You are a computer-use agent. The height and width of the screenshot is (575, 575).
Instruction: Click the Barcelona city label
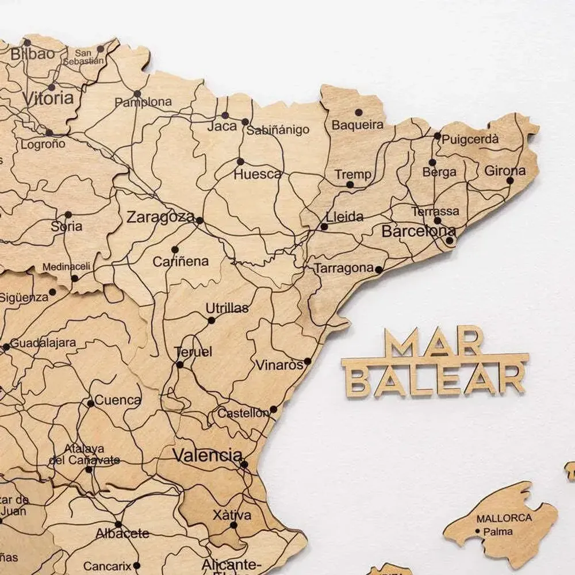click(418, 232)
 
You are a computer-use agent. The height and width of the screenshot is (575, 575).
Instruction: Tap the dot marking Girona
click(510, 181)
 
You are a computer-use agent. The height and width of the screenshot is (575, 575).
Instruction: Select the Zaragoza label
click(160, 217)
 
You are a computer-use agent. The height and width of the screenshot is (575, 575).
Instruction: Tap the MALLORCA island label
click(504, 518)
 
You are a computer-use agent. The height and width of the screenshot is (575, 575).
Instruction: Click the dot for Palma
click(478, 531)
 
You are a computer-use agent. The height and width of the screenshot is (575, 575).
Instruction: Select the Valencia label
click(208, 456)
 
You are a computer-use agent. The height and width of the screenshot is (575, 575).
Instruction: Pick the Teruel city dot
click(179, 365)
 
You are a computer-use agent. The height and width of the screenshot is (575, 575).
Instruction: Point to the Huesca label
click(257, 174)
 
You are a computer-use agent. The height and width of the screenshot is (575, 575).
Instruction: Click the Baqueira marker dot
click(359, 112)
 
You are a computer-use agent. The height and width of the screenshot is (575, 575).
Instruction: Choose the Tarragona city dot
click(378, 269)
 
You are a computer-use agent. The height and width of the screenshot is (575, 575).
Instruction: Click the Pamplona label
click(143, 102)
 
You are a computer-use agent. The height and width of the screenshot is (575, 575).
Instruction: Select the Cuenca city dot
click(90, 404)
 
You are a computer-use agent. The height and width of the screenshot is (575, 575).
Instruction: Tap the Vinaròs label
click(279, 365)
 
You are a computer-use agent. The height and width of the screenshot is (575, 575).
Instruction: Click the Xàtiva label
click(232, 515)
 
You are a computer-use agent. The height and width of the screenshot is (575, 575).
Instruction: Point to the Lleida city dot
click(324, 227)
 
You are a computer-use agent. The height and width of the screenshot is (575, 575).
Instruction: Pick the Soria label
click(67, 227)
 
